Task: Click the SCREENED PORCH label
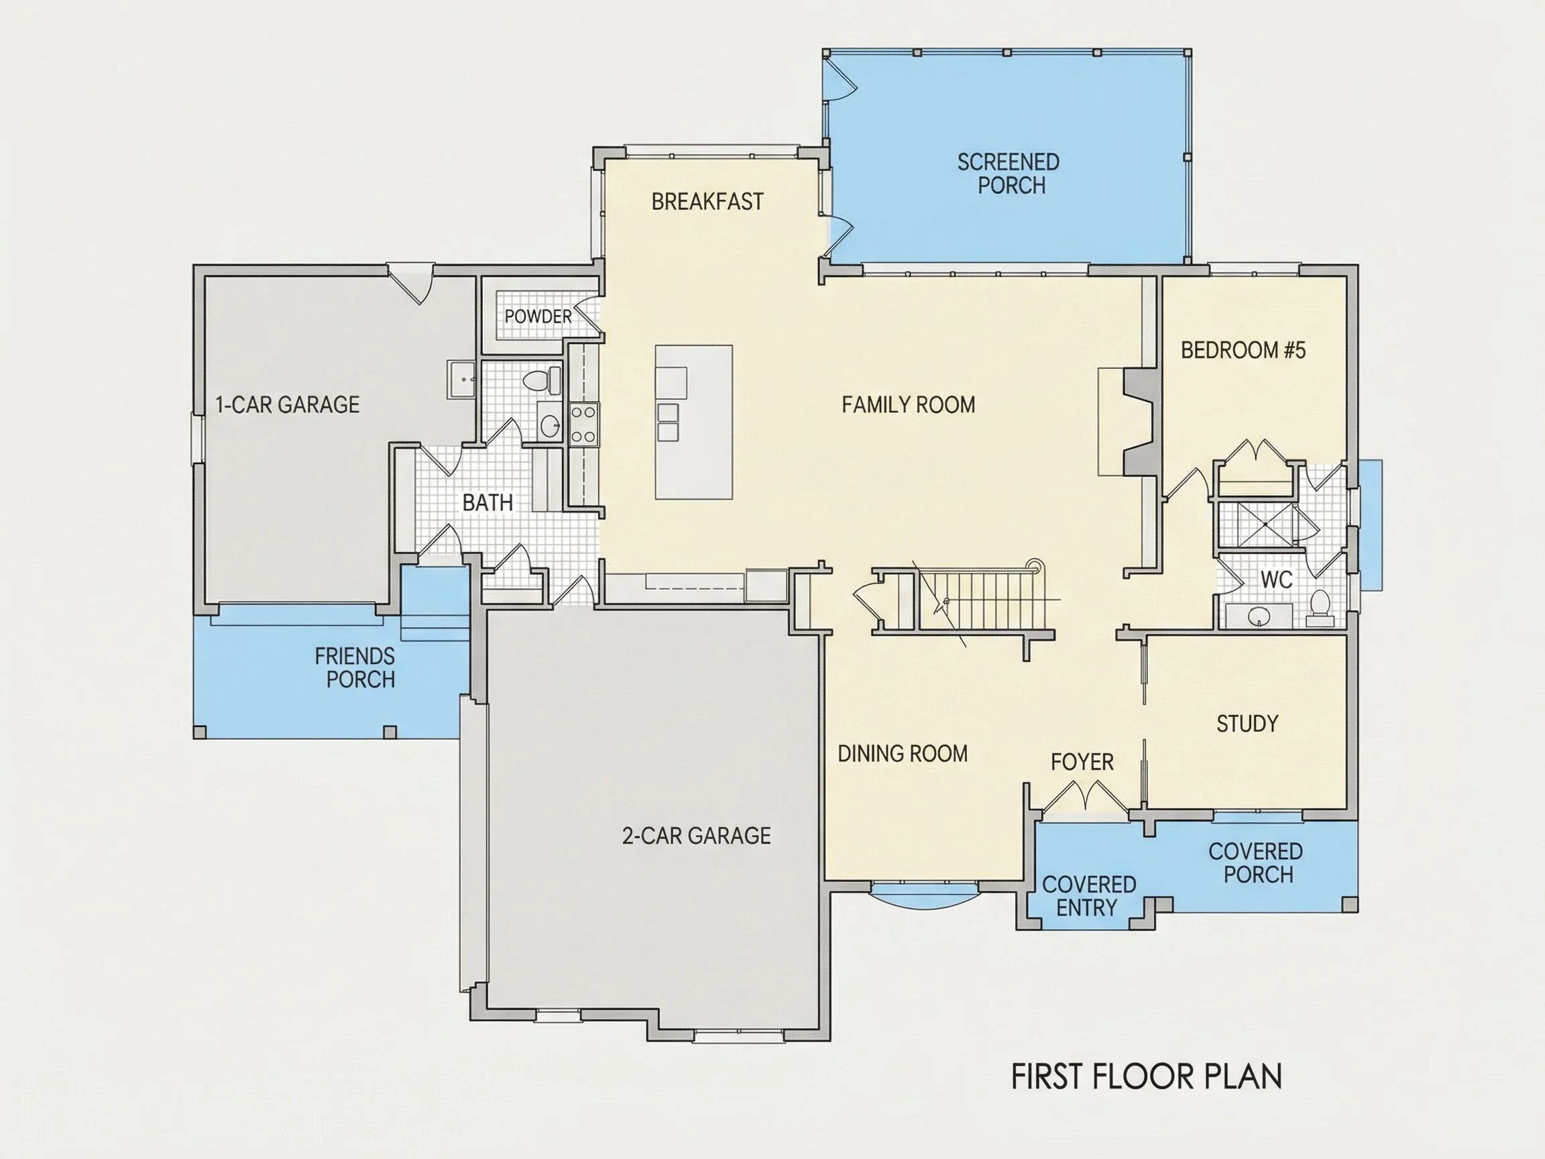pos(1009,174)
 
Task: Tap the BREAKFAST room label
pos(707,202)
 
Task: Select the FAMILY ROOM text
pos(908,404)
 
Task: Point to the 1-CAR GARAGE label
pos(288,404)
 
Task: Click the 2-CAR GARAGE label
pos(696,836)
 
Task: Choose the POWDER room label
pos(538,317)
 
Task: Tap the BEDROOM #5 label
pos(1243,350)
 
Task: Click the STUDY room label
pos(1247,724)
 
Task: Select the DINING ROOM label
pos(903,754)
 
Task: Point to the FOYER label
pos(1082,762)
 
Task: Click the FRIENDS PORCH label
pos(355,668)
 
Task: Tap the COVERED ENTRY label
pos(1089,896)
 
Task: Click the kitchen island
pos(693,422)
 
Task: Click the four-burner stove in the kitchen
pos(583,425)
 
